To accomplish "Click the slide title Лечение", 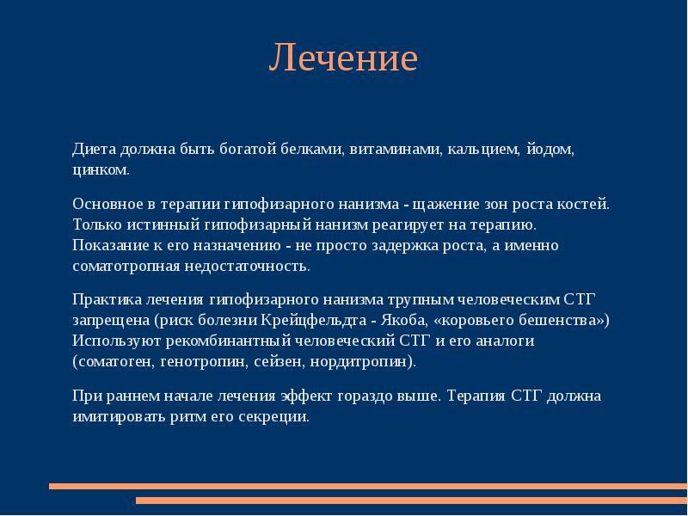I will click(343, 58).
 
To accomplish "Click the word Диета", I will click(91, 150).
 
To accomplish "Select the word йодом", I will click(550, 150).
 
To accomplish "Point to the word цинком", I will click(100, 169).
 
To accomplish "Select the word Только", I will click(95, 225).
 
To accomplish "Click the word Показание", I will click(107, 245).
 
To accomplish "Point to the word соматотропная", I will click(126, 266).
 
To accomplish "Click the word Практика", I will click(103, 300).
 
